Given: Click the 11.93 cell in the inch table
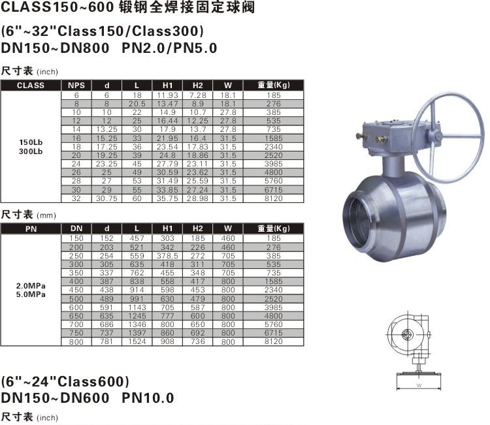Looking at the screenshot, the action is click(167, 95).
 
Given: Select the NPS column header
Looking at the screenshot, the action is click(76, 86).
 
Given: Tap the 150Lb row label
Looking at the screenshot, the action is click(31, 142).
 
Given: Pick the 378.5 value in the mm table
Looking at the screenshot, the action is click(167, 256).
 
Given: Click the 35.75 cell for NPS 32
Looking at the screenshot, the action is click(167, 198).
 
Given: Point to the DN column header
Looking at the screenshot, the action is click(76, 228).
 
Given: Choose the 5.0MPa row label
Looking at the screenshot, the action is click(31, 294).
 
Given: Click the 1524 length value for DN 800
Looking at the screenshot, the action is click(137, 341).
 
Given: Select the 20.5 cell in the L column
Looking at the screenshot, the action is click(137, 104).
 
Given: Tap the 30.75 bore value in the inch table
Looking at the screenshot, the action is click(106, 198).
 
